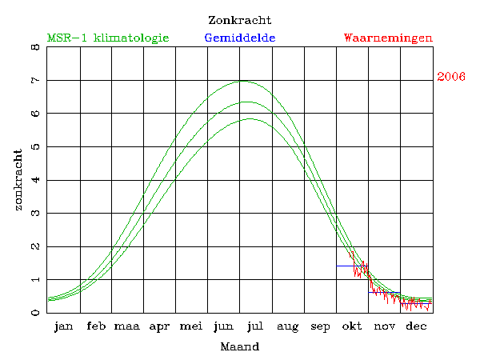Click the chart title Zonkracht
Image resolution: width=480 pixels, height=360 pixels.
pos(239,19)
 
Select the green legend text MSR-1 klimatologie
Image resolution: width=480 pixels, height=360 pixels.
pos(108,38)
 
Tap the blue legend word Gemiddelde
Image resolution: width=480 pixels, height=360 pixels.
pos(240,38)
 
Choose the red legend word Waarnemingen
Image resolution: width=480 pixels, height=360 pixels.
pos(388,38)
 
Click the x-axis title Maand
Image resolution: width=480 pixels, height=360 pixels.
pos(239,347)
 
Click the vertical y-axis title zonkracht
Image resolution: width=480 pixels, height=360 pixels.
pos(18,180)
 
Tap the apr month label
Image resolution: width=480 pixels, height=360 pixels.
pos(159,327)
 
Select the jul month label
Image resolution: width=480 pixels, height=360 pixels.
pos(255,327)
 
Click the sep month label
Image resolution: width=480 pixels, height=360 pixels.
pos(320,327)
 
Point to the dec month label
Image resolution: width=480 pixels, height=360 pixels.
pos(416,327)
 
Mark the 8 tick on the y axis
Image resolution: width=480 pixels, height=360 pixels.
pos(34,47)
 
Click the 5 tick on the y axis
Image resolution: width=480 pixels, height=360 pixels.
pos(34,147)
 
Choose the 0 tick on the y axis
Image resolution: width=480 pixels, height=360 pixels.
pos(34,313)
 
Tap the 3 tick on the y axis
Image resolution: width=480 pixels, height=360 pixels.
pos(34,214)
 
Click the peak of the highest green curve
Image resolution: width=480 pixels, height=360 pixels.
pos(242,81)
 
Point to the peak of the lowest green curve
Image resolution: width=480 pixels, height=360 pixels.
pos(250,118)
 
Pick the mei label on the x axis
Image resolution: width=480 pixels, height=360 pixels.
pos(191,327)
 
